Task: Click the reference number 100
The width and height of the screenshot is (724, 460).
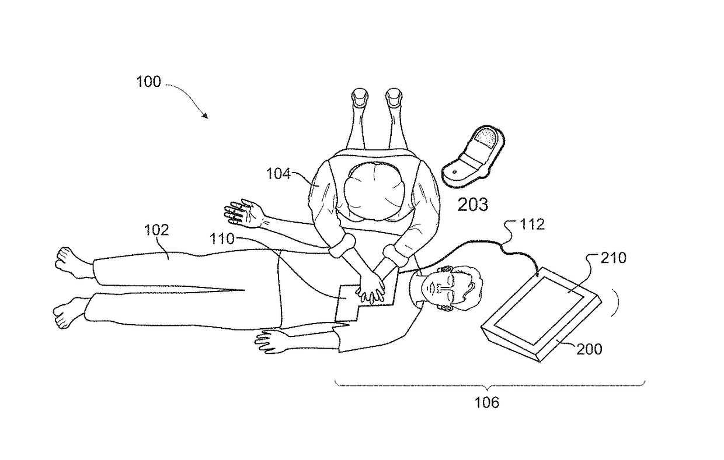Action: pyautogui.click(x=148, y=82)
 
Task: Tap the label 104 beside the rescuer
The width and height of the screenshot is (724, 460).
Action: pyautogui.click(x=279, y=174)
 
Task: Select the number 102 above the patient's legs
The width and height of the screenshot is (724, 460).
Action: pyautogui.click(x=156, y=230)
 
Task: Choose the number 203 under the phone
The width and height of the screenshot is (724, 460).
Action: pyautogui.click(x=473, y=204)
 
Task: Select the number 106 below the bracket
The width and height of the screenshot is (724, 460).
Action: pyautogui.click(x=487, y=402)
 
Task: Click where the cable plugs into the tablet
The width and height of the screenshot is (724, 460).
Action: pyautogui.click(x=538, y=272)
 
